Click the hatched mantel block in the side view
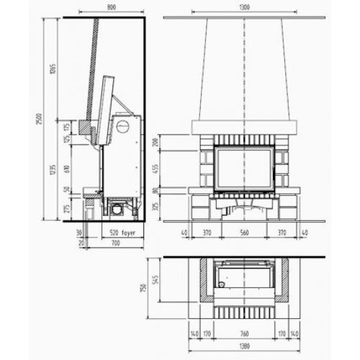[x=88, y=129]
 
